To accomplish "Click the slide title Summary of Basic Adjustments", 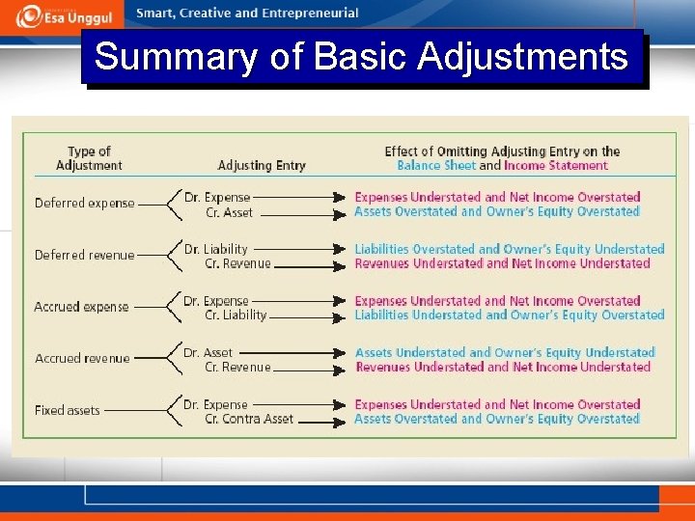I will click(361, 57).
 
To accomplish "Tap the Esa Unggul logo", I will click(64, 16).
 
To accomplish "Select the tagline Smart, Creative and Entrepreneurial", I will click(247, 14).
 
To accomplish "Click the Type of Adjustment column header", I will click(89, 158).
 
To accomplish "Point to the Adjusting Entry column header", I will click(262, 166).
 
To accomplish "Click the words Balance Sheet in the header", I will click(436, 166).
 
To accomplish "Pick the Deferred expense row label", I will click(85, 204).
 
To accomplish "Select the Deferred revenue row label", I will click(85, 256).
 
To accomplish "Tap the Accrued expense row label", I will click(82, 307).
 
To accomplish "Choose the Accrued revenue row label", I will click(82, 359).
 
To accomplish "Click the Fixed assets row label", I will click(68, 411).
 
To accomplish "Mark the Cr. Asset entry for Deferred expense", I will click(229, 212).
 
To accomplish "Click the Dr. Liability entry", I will click(216, 249).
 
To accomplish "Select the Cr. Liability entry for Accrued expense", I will click(236, 315).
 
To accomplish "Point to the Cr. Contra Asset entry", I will click(249, 420).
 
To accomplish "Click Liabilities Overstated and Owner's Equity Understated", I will click(510, 249).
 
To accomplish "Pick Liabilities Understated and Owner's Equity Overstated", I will click(510, 315).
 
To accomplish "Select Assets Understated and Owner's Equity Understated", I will click(505, 353).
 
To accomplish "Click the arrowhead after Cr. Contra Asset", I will click(341, 420).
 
